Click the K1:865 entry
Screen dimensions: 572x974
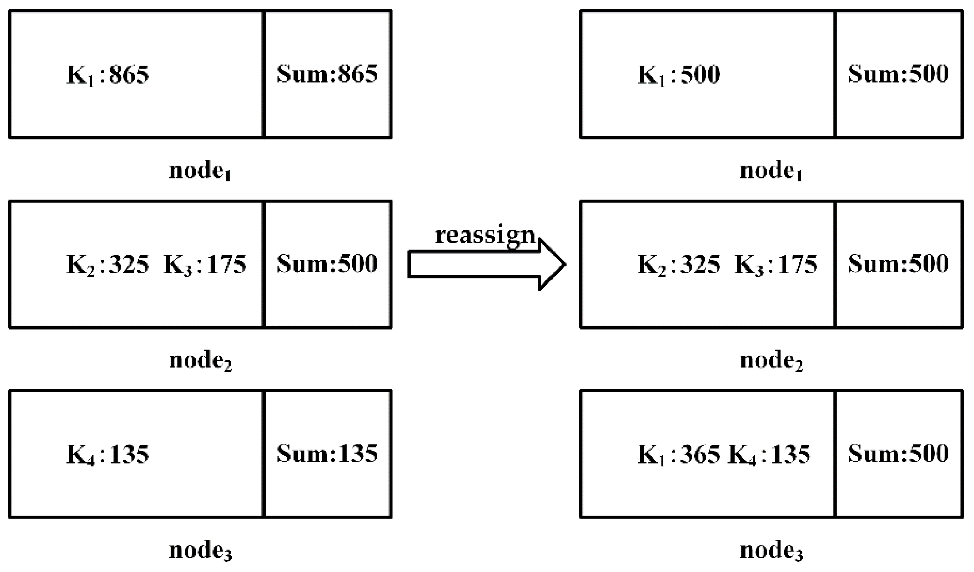click(x=108, y=75)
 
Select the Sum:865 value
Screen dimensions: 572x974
click(x=327, y=74)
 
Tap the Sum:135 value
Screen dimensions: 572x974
click(x=327, y=453)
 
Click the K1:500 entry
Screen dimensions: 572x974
click(x=679, y=75)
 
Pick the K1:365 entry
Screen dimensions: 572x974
click(x=679, y=454)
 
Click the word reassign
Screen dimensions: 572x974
click(x=485, y=235)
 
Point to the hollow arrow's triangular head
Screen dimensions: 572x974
click(x=552, y=265)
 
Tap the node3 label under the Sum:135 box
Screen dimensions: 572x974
click(x=200, y=550)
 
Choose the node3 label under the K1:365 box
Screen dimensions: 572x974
click(x=771, y=550)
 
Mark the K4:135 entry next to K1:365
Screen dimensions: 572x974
click(x=769, y=454)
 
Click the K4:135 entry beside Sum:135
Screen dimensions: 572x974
click(x=108, y=454)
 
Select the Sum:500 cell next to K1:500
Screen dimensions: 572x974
click(x=898, y=74)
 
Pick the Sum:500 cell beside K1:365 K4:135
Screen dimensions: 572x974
click(x=898, y=453)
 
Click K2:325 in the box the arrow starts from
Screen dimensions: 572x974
click(x=108, y=265)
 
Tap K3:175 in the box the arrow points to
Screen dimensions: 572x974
click(x=776, y=265)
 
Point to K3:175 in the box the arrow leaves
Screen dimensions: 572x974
click(x=205, y=265)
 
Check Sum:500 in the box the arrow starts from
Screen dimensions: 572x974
click(x=327, y=264)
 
